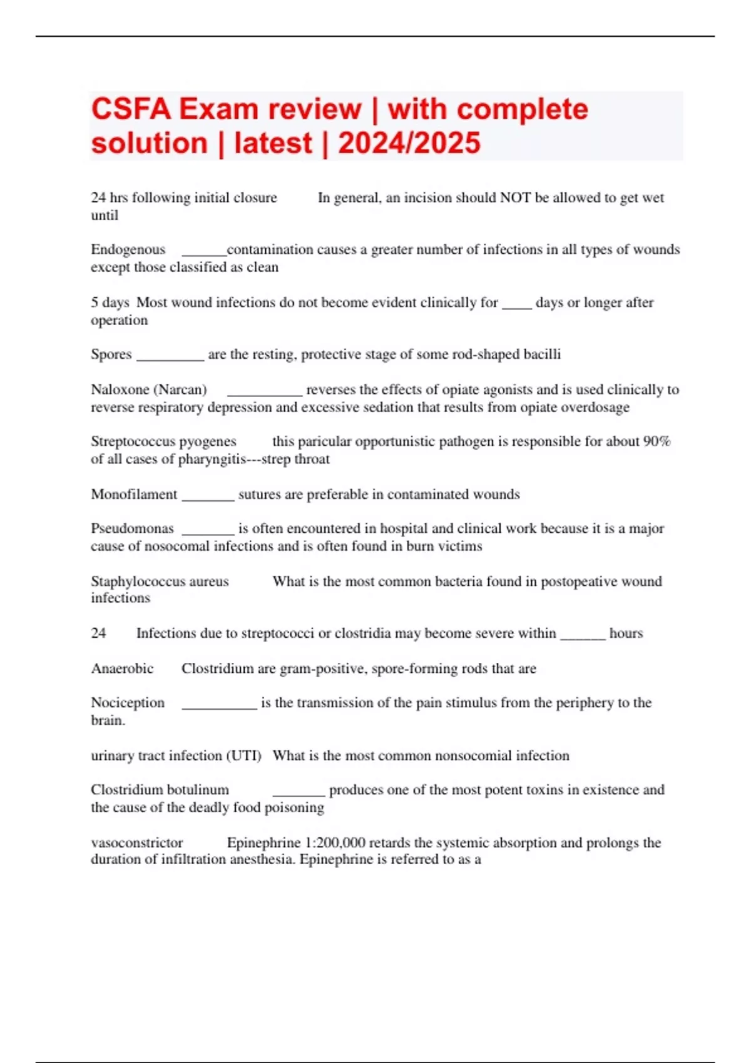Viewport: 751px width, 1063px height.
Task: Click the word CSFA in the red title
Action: pyautogui.click(x=131, y=109)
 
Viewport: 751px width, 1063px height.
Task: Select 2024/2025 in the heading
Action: pyautogui.click(x=409, y=143)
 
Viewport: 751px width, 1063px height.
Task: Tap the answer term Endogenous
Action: pyautogui.click(x=128, y=249)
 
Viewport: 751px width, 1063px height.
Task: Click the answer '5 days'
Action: pyautogui.click(x=110, y=303)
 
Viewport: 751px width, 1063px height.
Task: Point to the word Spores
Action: pyautogui.click(x=111, y=355)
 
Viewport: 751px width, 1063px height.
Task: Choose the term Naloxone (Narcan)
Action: pyautogui.click(x=148, y=390)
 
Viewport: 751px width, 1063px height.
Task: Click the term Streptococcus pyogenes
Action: pyautogui.click(x=163, y=441)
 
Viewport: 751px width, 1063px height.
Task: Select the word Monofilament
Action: pyautogui.click(x=134, y=495)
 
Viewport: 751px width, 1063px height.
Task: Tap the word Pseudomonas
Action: pyautogui.click(x=132, y=528)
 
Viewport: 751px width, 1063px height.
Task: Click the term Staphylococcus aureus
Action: pyautogui.click(x=160, y=582)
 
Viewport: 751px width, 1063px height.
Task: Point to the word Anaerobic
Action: pyautogui.click(x=122, y=668)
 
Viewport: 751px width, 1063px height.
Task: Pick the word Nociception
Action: pyautogui.click(x=128, y=703)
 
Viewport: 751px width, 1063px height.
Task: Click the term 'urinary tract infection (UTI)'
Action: pyautogui.click(x=176, y=755)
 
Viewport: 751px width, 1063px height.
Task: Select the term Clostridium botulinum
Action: pyautogui.click(x=160, y=790)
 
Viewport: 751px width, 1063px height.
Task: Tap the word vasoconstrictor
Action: pyautogui.click(x=136, y=843)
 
